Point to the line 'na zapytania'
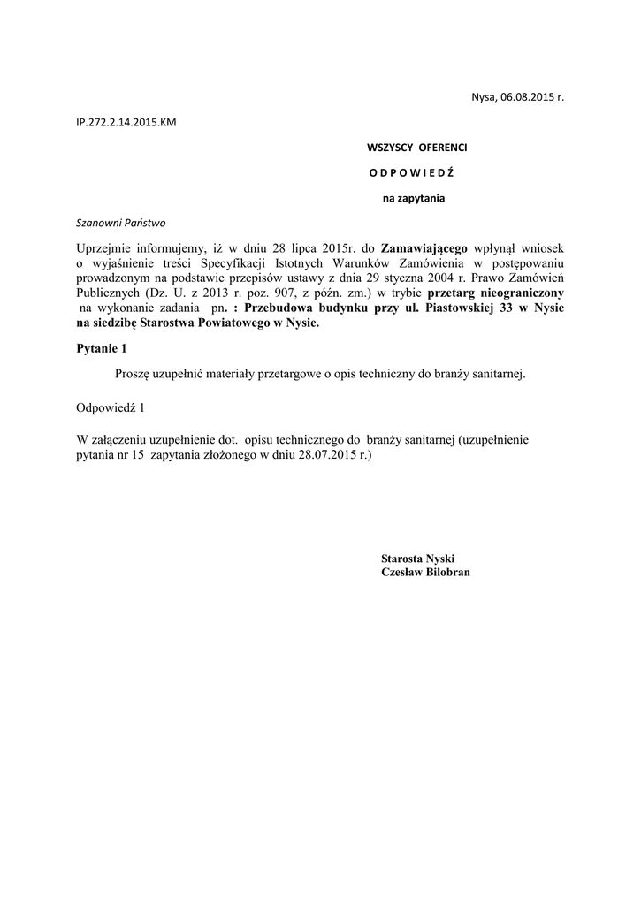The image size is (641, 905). (413, 198)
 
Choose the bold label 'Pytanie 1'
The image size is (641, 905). (103, 349)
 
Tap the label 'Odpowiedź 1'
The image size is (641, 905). (110, 407)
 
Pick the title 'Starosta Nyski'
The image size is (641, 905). (417, 559)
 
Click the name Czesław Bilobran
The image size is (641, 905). (425, 573)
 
